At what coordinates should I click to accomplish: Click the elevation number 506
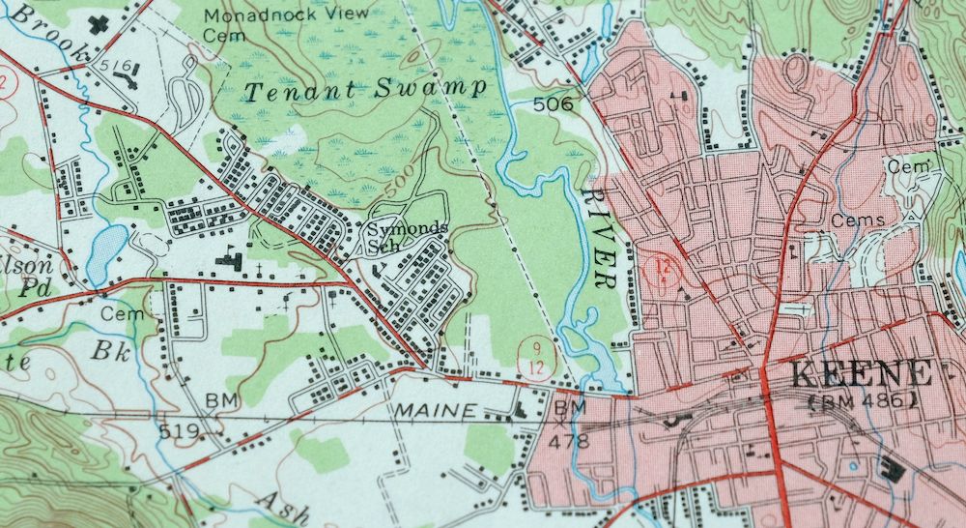pos(551,103)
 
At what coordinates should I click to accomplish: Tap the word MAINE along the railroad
pos(435,411)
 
